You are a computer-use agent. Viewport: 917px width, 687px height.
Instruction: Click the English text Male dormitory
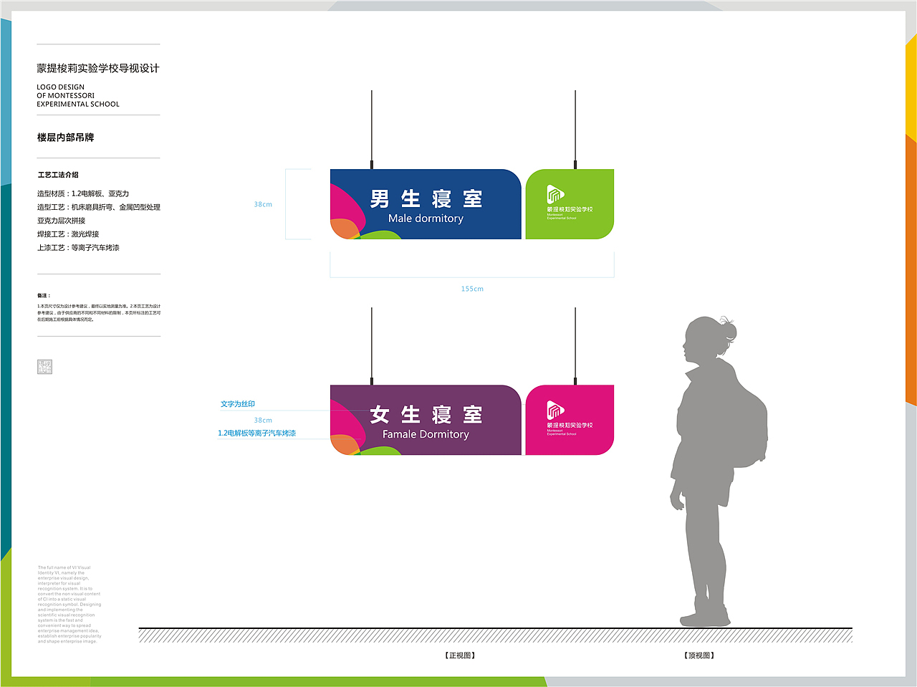[x=426, y=218]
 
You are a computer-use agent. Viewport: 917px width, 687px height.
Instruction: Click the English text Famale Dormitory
[x=426, y=434]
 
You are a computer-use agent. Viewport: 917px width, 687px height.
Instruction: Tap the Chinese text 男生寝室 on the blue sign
[x=426, y=198]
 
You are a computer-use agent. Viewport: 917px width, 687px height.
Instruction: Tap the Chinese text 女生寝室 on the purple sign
[x=426, y=414]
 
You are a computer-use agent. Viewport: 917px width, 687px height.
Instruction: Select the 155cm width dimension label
[x=472, y=289]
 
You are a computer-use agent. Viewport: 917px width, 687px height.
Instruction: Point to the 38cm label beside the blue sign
[x=263, y=204]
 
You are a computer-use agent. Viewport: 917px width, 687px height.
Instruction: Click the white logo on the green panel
[x=555, y=194]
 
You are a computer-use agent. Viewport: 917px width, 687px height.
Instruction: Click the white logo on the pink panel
[x=555, y=410]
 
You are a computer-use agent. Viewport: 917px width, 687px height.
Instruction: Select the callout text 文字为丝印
[x=238, y=404]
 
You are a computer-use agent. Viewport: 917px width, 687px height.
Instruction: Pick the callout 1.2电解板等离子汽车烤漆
[x=256, y=433]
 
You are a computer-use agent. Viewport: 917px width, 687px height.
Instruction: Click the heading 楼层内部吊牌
[x=66, y=138]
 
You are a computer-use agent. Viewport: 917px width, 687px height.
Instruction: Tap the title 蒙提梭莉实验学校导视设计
[x=98, y=69]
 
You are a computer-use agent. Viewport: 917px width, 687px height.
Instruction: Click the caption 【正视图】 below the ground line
[x=459, y=655]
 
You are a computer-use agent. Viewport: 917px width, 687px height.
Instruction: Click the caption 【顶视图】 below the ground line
[x=699, y=655]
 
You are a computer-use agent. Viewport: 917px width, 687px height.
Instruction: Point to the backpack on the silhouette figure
[x=745, y=423]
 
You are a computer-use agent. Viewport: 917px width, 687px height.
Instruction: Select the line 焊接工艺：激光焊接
[x=68, y=234]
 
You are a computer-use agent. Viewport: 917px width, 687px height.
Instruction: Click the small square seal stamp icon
[x=44, y=367]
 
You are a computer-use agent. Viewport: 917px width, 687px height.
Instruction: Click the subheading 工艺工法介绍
[x=58, y=175]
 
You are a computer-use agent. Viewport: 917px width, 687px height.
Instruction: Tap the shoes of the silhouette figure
[x=705, y=618]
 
